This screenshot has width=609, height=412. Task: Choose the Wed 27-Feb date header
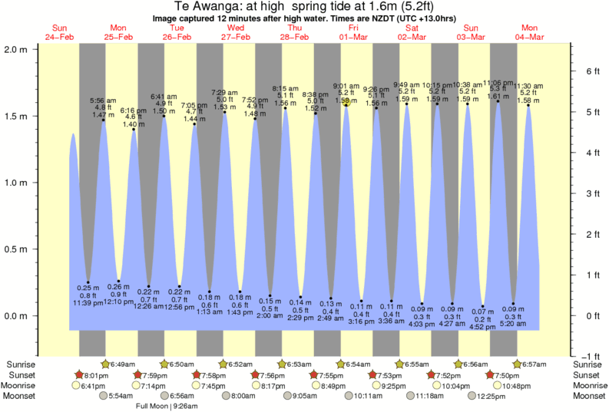pos(234,32)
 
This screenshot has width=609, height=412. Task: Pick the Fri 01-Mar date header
pos(352,32)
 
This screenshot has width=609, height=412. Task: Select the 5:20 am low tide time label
pos(513,324)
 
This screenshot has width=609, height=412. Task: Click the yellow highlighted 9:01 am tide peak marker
pos(346,102)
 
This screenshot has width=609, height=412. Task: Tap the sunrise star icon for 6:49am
pos(107,364)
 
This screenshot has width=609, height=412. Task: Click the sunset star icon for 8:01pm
pos(78,375)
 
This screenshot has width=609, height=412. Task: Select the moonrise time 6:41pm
pos(91,386)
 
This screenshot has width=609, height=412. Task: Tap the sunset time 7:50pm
pos(512,375)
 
